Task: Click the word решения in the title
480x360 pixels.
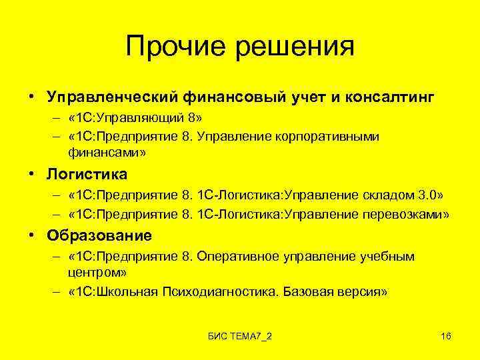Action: coord(293,46)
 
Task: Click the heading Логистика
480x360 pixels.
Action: coord(87,175)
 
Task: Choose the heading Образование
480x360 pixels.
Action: coord(99,235)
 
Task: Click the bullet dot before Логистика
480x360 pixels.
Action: coord(32,175)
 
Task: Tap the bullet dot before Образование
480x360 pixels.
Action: coord(32,235)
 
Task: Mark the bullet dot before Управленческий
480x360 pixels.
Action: coord(32,98)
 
